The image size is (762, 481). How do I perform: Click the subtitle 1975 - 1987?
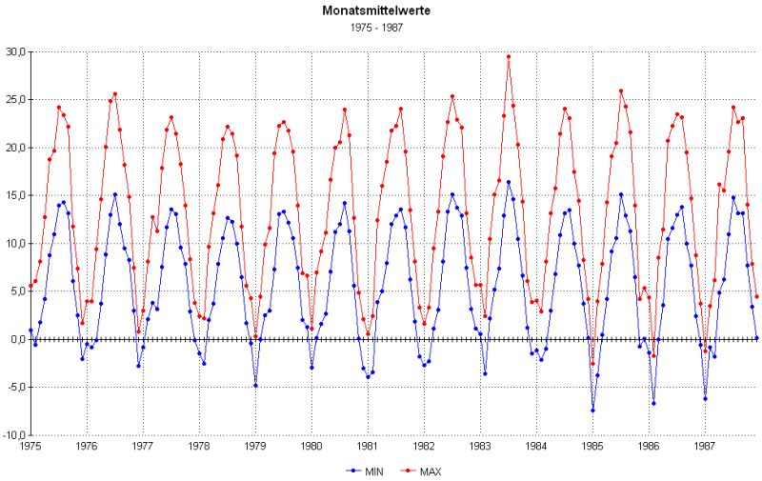click(x=380, y=30)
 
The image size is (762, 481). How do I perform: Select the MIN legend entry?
click(x=368, y=470)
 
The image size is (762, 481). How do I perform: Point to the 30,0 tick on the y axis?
click(x=16, y=52)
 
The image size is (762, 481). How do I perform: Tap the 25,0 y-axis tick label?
click(x=16, y=100)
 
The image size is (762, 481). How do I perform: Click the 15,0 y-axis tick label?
click(x=16, y=196)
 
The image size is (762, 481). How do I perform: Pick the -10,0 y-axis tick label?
click(x=14, y=435)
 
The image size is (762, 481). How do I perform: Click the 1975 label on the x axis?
click(x=30, y=445)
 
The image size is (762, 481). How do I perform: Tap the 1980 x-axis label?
click(x=311, y=445)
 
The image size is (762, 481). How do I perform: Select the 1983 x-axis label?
click(x=480, y=445)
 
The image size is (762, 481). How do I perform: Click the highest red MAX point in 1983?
click(x=509, y=56)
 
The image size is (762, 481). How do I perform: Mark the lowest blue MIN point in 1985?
click(x=592, y=411)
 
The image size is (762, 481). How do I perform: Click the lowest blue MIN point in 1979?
click(x=255, y=385)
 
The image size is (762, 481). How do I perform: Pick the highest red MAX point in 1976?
click(x=115, y=94)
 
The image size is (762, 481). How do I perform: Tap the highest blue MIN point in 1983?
click(x=509, y=182)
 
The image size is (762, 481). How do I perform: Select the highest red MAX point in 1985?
click(x=621, y=91)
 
